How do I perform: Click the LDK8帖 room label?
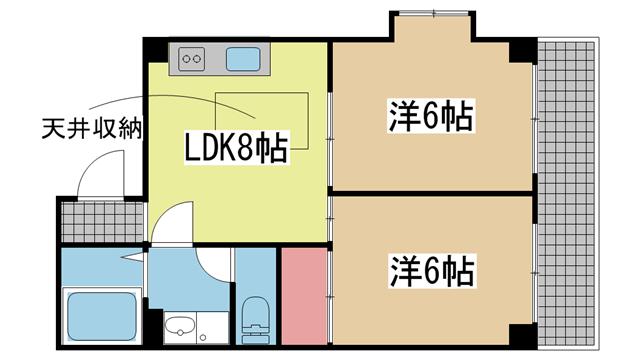click(237, 147)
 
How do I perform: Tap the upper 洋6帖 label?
click(431, 115)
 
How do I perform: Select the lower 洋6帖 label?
click(433, 270)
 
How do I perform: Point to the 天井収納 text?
click(93, 129)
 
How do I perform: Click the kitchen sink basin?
click(243, 59)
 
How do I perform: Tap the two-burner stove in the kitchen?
click(191, 59)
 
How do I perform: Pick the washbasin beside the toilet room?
click(180, 327)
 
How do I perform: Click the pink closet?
click(304, 297)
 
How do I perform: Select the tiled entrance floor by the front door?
click(103, 222)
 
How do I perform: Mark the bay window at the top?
click(433, 14)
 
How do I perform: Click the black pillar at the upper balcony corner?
click(523, 50)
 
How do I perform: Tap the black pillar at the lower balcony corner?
click(523, 336)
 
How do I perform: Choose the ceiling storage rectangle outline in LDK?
click(262, 121)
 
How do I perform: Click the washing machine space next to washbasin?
click(212, 328)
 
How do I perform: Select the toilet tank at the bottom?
click(256, 335)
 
